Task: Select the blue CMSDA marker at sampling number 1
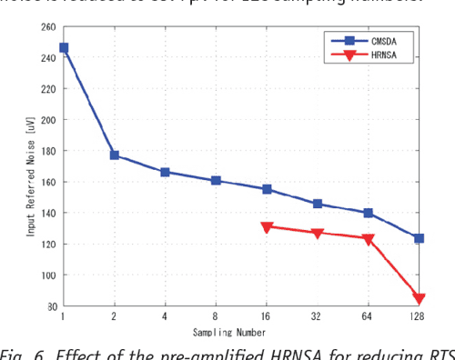[x=64, y=47]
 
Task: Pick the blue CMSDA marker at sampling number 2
[x=115, y=155]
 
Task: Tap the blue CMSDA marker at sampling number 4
[x=165, y=172]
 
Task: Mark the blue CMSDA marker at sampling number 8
[x=216, y=180]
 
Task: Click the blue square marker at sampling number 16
[x=267, y=189]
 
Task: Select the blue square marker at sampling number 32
[x=318, y=204]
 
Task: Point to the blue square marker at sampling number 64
[x=369, y=213]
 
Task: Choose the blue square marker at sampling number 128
[x=419, y=238]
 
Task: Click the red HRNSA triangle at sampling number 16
[x=267, y=227]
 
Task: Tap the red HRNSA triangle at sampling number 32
[x=318, y=234]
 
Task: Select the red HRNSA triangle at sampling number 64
[x=369, y=240]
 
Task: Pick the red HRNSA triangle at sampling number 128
[x=419, y=299]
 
